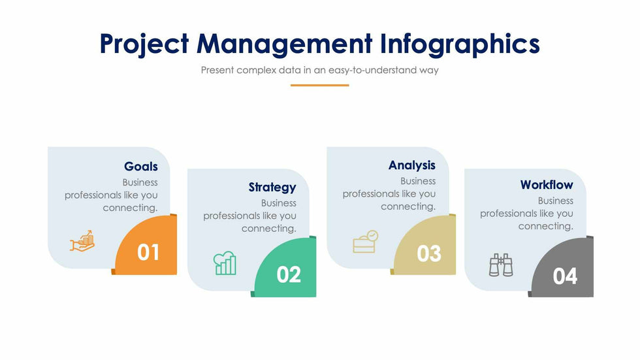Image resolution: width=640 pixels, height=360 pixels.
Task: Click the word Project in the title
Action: (x=144, y=44)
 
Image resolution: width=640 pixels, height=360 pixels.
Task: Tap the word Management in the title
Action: (x=285, y=44)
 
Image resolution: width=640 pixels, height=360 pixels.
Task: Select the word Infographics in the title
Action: (x=460, y=44)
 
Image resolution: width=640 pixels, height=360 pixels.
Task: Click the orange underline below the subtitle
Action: (x=319, y=86)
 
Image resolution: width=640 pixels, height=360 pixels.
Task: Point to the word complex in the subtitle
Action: (x=256, y=70)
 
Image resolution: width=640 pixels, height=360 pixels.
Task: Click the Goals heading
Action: (x=141, y=167)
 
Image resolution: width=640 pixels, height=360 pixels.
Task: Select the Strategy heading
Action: (x=272, y=188)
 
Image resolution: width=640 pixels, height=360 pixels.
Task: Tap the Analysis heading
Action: (x=412, y=165)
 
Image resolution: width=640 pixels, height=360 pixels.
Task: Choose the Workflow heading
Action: (x=547, y=185)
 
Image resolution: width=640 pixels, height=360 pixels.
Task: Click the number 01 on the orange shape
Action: (x=148, y=252)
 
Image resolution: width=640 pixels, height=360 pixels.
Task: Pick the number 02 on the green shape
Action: (x=289, y=274)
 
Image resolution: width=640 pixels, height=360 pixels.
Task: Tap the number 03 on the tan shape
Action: (x=429, y=254)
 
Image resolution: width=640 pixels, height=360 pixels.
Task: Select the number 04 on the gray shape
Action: (x=566, y=276)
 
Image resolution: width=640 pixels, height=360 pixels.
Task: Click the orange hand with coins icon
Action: (x=82, y=241)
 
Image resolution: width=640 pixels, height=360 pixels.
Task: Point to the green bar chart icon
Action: (x=225, y=263)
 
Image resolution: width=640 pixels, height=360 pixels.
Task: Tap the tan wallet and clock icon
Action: (x=365, y=242)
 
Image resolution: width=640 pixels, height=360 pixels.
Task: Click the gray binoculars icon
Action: (x=501, y=265)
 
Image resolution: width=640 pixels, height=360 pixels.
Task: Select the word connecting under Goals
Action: (x=130, y=208)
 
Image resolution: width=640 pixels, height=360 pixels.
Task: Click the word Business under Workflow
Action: (x=556, y=201)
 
